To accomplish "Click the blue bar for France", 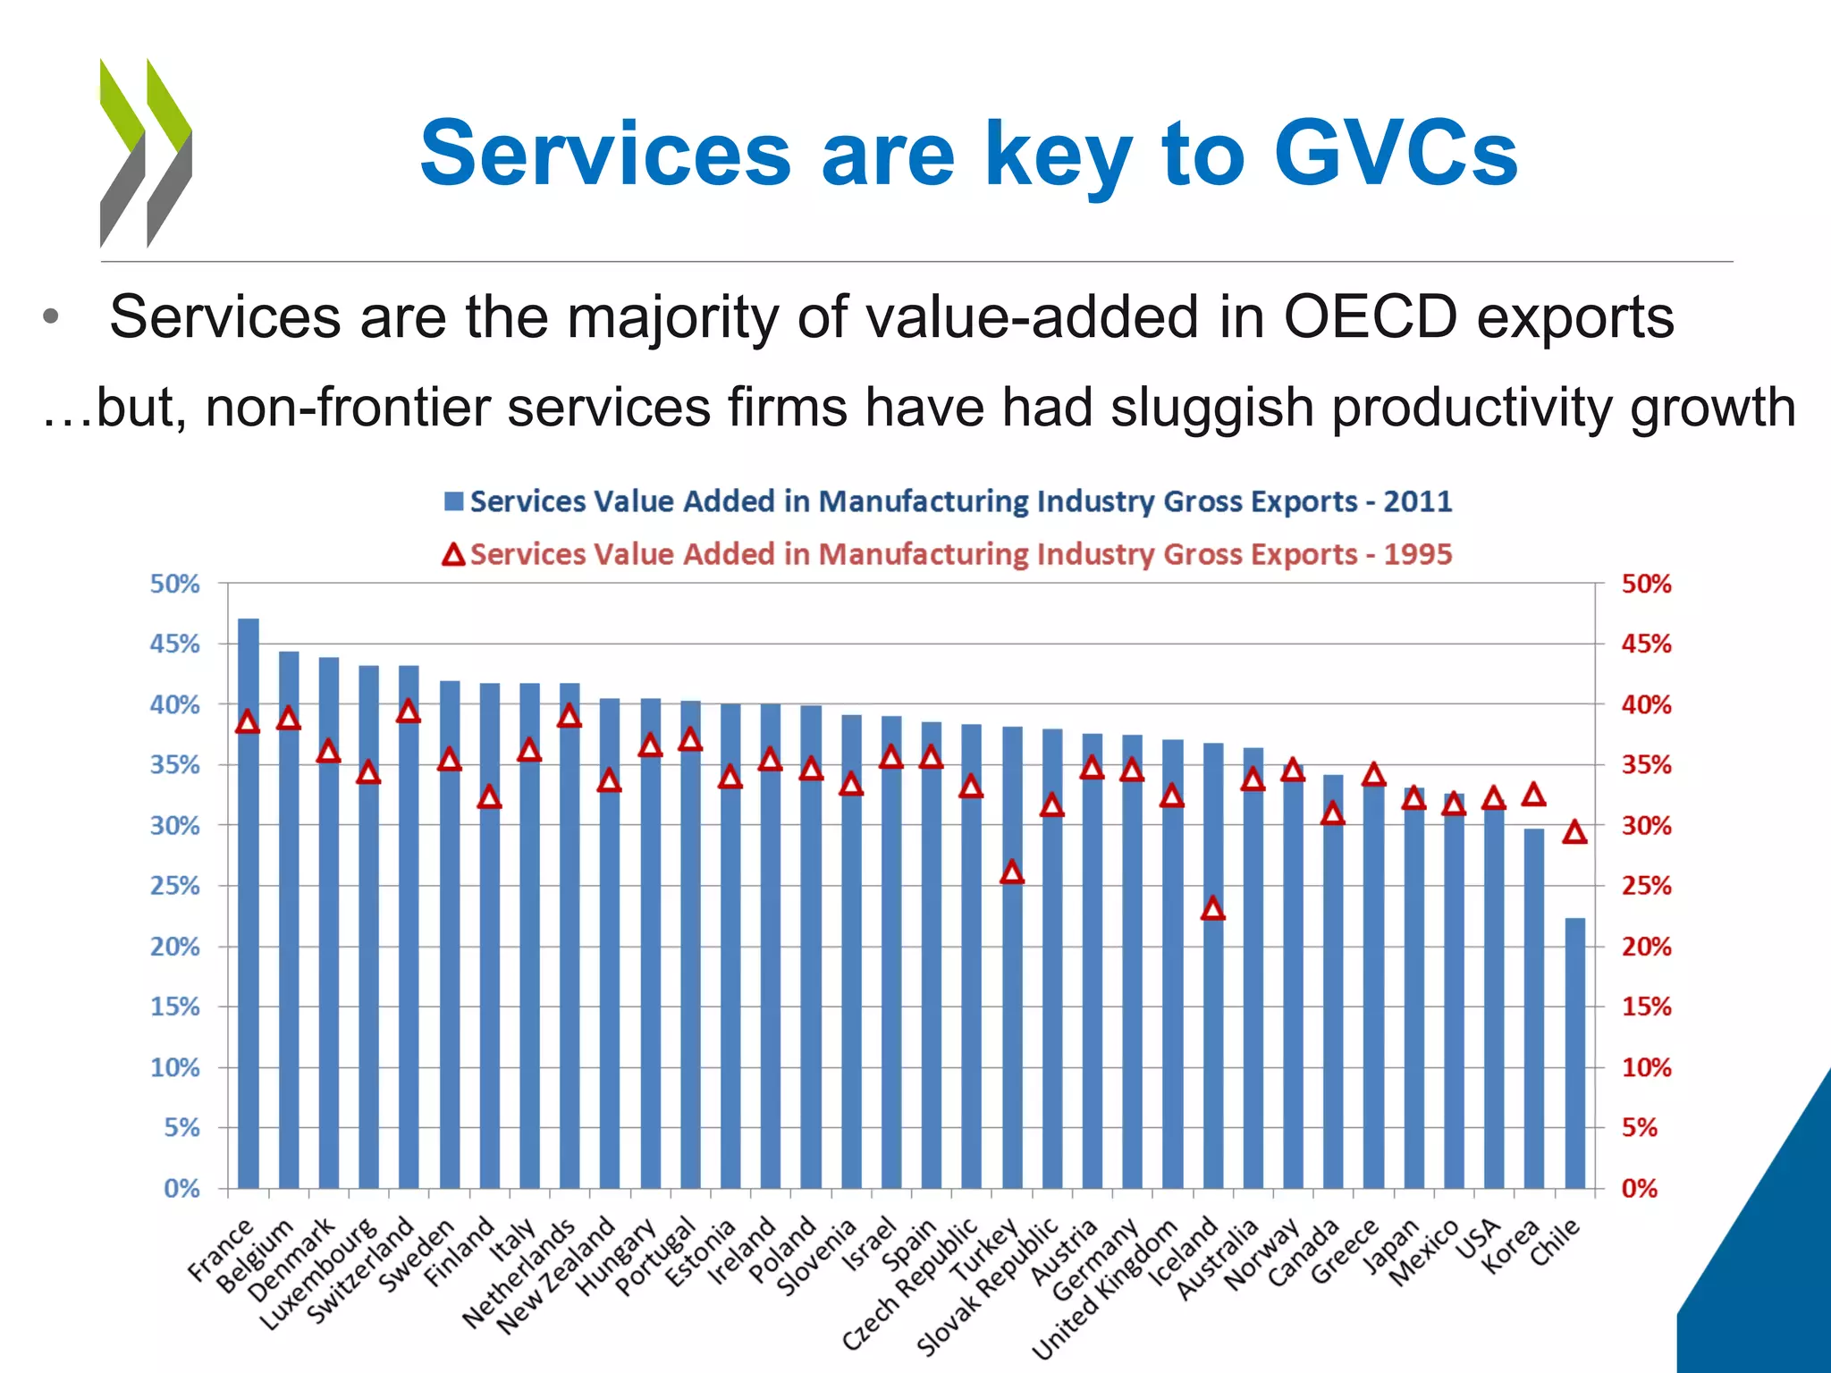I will (249, 903).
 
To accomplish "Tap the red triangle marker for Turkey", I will (1011, 872).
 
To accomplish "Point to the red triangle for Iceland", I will (1212, 909).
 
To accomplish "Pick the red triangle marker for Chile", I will (1574, 833).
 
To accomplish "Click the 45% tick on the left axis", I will (174, 644).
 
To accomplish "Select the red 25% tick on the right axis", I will (1646, 886).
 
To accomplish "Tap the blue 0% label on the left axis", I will (181, 1188).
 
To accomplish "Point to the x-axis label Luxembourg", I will (319, 1273).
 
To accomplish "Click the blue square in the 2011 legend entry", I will (454, 501).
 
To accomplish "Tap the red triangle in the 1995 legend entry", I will (454, 555).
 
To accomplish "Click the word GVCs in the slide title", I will (1395, 154).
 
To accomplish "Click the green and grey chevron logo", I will (146, 152).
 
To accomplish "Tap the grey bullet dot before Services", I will (51, 317).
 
